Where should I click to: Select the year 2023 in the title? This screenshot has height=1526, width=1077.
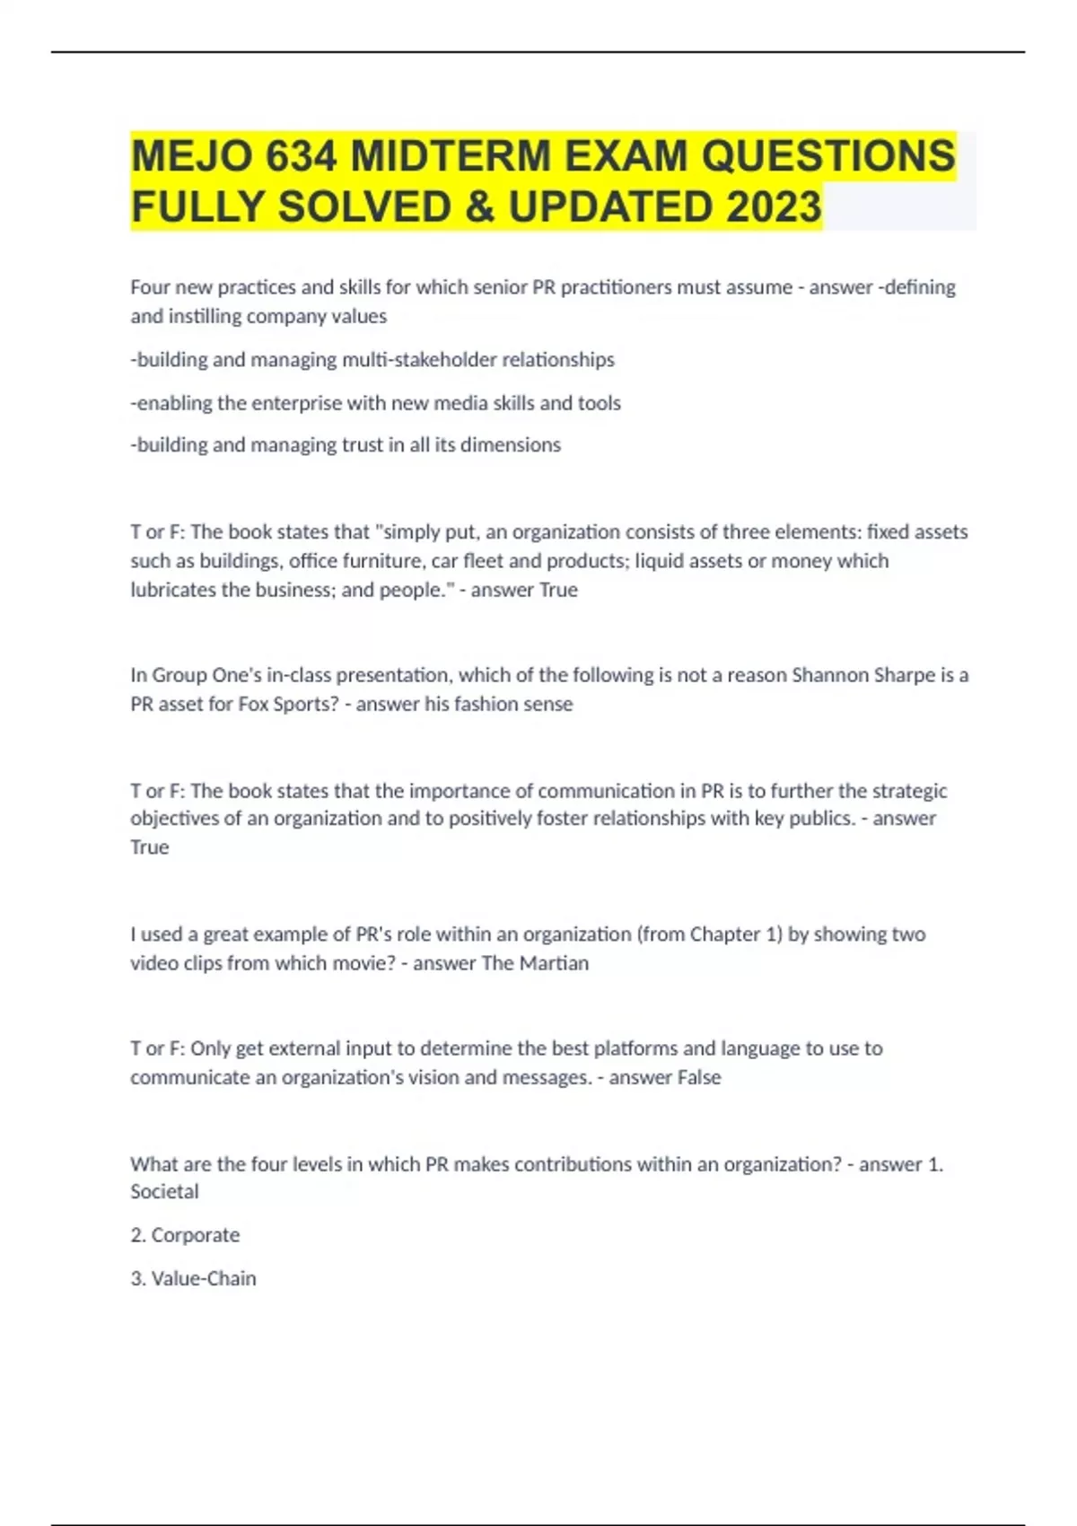pos(774,206)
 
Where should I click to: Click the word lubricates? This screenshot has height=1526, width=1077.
pos(172,590)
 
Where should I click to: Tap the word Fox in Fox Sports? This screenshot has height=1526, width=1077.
pos(254,705)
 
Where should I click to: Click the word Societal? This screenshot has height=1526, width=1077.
pos(164,1192)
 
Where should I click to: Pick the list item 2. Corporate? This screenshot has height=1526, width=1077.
pos(185,1235)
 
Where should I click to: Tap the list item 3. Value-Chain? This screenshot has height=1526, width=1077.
pos(193,1278)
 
